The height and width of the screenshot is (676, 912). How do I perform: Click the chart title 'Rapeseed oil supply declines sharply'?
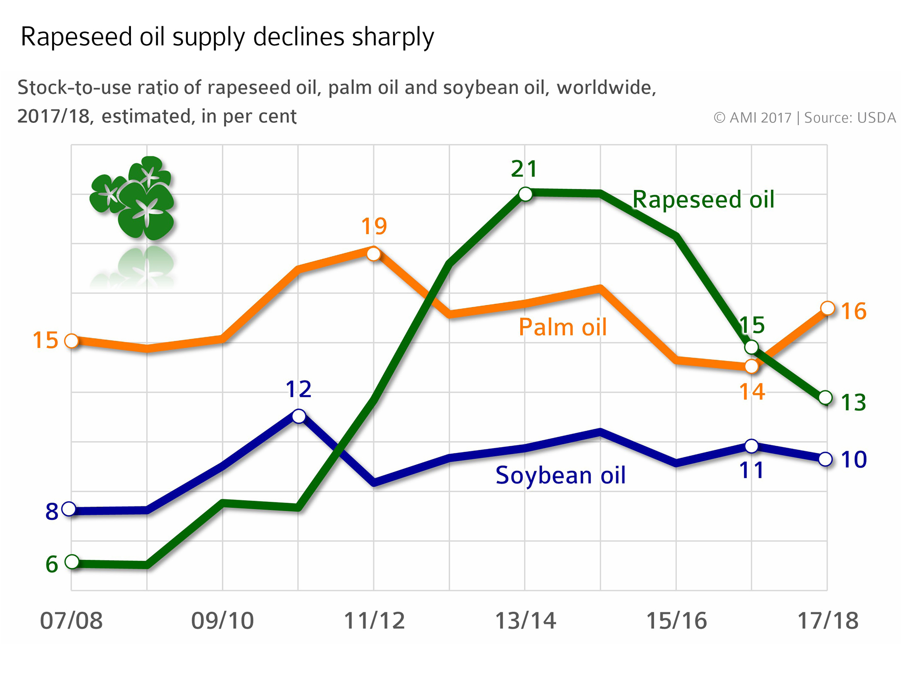pyautogui.click(x=227, y=37)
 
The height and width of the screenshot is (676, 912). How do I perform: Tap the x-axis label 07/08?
pyautogui.click(x=71, y=620)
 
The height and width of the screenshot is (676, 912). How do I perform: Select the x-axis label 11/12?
pyautogui.click(x=374, y=620)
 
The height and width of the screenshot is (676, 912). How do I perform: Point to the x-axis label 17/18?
pyautogui.click(x=827, y=620)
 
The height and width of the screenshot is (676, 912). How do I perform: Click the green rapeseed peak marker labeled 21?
pyautogui.click(x=525, y=194)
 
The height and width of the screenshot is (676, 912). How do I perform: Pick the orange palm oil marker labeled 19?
pyautogui.click(x=374, y=254)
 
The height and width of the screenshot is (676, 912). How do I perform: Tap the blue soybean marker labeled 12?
pyautogui.click(x=299, y=416)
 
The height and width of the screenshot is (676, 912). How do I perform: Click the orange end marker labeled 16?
pyautogui.click(x=827, y=308)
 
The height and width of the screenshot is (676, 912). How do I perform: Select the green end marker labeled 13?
pyautogui.click(x=826, y=397)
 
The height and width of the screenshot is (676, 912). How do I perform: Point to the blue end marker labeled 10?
pyautogui.click(x=825, y=459)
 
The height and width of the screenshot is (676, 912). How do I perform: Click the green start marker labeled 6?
pyautogui.click(x=72, y=562)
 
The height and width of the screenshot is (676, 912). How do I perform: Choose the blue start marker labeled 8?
pyautogui.click(x=69, y=509)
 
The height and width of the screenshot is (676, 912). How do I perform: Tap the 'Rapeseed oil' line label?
pyautogui.click(x=703, y=200)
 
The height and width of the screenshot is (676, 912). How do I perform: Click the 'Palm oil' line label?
pyautogui.click(x=562, y=327)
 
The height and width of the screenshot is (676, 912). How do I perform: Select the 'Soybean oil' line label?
pyautogui.click(x=561, y=475)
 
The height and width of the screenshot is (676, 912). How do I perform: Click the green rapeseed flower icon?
pyautogui.click(x=134, y=198)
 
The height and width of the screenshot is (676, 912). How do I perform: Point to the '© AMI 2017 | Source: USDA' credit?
pyautogui.click(x=804, y=118)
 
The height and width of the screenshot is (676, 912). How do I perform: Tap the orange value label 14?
pyautogui.click(x=752, y=392)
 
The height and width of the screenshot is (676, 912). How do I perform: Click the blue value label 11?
pyautogui.click(x=752, y=471)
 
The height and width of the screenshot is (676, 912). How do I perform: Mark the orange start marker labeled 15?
pyautogui.click(x=72, y=341)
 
